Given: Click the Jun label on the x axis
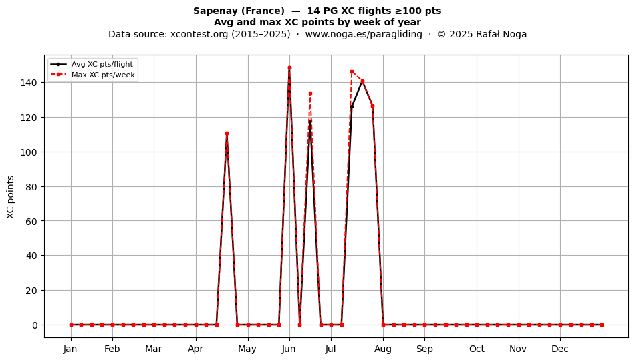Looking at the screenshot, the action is coord(289,349).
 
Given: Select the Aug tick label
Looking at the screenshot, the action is coord(383,349).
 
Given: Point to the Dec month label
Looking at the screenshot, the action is coord(561,349).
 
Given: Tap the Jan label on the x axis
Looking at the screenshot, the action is coord(70,349).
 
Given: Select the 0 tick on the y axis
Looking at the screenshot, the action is coord(35,325).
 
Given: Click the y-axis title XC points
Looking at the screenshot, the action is coord(11,197).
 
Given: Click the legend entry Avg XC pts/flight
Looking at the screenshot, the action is coord(102,64).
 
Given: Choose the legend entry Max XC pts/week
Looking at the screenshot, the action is coord(103,75).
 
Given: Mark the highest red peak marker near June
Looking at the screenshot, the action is coord(289,68).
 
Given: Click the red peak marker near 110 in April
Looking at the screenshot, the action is coord(227,133).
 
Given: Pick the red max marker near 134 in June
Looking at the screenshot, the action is coord(310,93).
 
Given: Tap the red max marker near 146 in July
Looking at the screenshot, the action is coord(352,72).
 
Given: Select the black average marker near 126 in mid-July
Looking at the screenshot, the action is coord(352,107).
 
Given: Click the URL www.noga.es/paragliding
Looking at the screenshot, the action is coord(364,34).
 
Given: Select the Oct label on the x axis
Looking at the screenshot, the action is coord(477,349).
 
